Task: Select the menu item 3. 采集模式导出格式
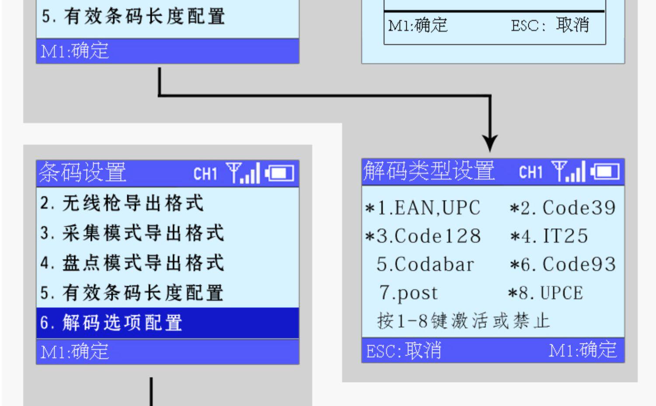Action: [x=132, y=233]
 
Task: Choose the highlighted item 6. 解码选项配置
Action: [x=112, y=323]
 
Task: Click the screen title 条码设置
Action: [x=83, y=172]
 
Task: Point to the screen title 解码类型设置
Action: [x=429, y=171]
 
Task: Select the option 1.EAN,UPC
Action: [x=423, y=208]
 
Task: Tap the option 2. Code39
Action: [x=563, y=208]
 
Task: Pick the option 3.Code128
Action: [x=423, y=236]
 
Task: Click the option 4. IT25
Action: [x=549, y=236]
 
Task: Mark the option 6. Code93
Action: [x=563, y=265]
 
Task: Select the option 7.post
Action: [x=408, y=293]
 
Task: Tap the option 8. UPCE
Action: [x=545, y=293]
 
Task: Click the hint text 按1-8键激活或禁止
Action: [x=463, y=321]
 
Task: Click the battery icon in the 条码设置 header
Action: [x=279, y=174]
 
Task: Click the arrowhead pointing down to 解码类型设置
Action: [x=490, y=143]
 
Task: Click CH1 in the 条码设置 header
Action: [x=206, y=174]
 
